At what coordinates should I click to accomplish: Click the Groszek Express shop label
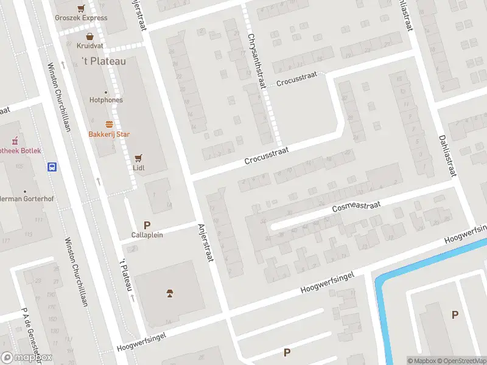point(81,18)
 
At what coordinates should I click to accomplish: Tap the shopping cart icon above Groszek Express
point(81,8)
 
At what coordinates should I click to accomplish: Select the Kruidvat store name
point(89,46)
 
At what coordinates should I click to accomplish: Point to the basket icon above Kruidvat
point(89,36)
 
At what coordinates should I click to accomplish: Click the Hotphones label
point(106,100)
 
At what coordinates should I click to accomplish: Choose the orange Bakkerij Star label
point(110,134)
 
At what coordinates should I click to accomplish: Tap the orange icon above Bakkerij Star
point(110,124)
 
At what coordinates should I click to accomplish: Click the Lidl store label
point(139,167)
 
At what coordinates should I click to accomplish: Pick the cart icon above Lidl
point(139,157)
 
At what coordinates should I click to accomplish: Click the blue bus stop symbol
point(53,167)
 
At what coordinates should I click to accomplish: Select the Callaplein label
point(147,235)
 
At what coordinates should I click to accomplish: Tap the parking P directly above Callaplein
point(147,225)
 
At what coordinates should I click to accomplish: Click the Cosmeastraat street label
point(356,207)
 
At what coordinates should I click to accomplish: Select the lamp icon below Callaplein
point(170,294)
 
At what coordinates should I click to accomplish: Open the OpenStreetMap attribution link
point(460,361)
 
